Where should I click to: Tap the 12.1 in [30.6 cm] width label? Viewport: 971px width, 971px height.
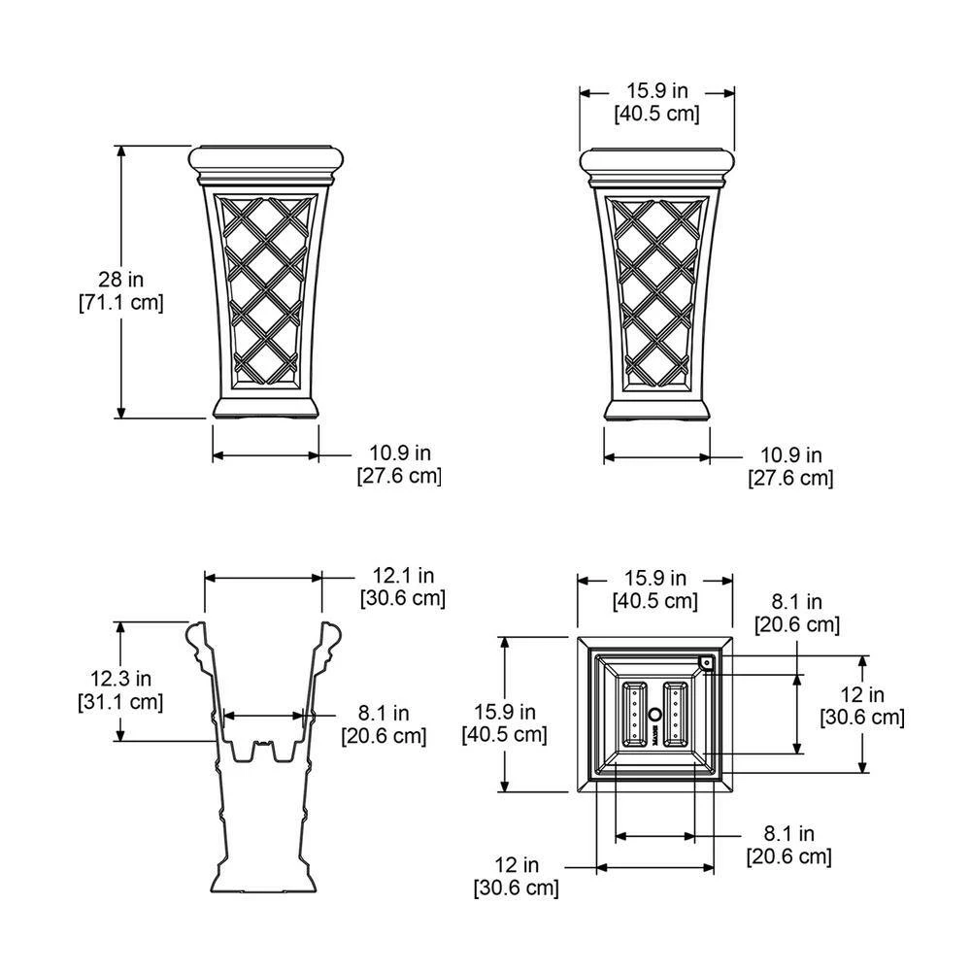pyautogui.click(x=402, y=587)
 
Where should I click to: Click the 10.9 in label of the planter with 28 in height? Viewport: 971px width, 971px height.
pyautogui.click(x=399, y=464)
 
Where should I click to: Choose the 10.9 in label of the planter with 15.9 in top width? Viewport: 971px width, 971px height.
pyautogui.click(x=790, y=466)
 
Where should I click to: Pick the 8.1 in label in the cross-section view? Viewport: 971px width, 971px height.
pyautogui.click(x=384, y=724)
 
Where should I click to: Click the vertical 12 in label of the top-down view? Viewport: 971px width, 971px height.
pyautogui.click(x=862, y=706)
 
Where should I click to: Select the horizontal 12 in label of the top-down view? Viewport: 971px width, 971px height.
pyautogui.click(x=516, y=875)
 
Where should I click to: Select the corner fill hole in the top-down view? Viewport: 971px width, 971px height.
pyautogui.click(x=706, y=664)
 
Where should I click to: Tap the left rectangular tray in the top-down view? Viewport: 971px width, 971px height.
pyautogui.click(x=634, y=714)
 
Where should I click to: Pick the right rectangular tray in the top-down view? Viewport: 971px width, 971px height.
pyautogui.click(x=676, y=714)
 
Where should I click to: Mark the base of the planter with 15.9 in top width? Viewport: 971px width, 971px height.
pyautogui.click(x=656, y=410)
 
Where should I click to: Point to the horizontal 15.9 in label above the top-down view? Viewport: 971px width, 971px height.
pyautogui.click(x=655, y=589)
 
